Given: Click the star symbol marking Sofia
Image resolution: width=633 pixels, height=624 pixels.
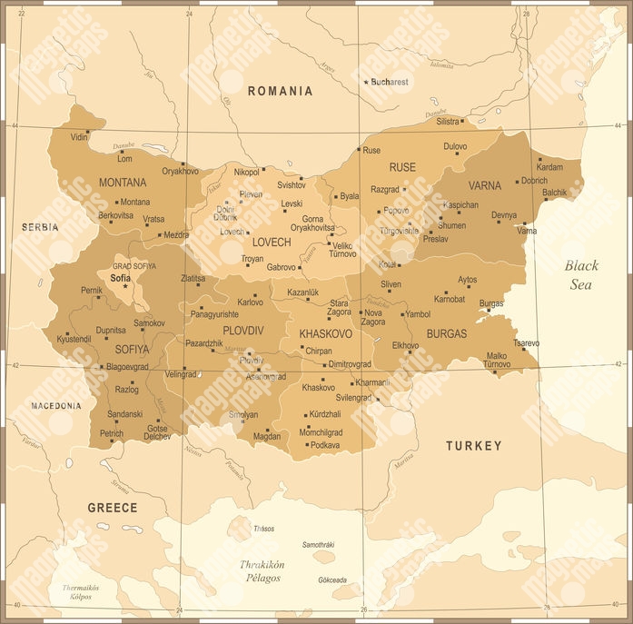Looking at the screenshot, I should tap(125, 286).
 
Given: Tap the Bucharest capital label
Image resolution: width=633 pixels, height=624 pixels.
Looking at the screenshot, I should tap(390, 82).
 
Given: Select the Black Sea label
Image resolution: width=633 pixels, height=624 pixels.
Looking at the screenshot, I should tap(581, 274).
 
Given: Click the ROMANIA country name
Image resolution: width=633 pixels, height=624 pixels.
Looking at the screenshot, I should tap(280, 91).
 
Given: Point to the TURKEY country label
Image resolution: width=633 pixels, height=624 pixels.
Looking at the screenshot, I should tap(473, 446).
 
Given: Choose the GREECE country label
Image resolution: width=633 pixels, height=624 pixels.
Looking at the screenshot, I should tap(113, 508).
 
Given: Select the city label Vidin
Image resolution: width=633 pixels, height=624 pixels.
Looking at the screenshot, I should tap(80, 137).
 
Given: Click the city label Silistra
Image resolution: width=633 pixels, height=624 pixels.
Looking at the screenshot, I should tap(448, 121).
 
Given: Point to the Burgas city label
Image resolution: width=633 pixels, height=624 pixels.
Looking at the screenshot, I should tap(490, 302).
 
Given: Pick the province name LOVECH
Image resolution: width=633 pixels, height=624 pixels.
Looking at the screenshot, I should tap(272, 243).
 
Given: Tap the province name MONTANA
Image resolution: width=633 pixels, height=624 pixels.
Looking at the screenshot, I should tap(123, 183).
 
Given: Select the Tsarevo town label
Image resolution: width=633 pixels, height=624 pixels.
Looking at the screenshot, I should tap(526, 342).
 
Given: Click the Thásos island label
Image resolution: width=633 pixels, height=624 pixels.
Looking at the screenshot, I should tap(263, 528).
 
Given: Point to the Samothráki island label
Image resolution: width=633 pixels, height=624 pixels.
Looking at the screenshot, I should tap(319, 544).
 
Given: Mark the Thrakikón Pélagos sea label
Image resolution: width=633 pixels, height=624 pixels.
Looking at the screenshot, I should tap(262, 570).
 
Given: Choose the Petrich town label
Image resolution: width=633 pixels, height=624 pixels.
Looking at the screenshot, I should tap(112, 433).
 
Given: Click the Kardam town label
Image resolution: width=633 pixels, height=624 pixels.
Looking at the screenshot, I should tap(549, 167).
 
